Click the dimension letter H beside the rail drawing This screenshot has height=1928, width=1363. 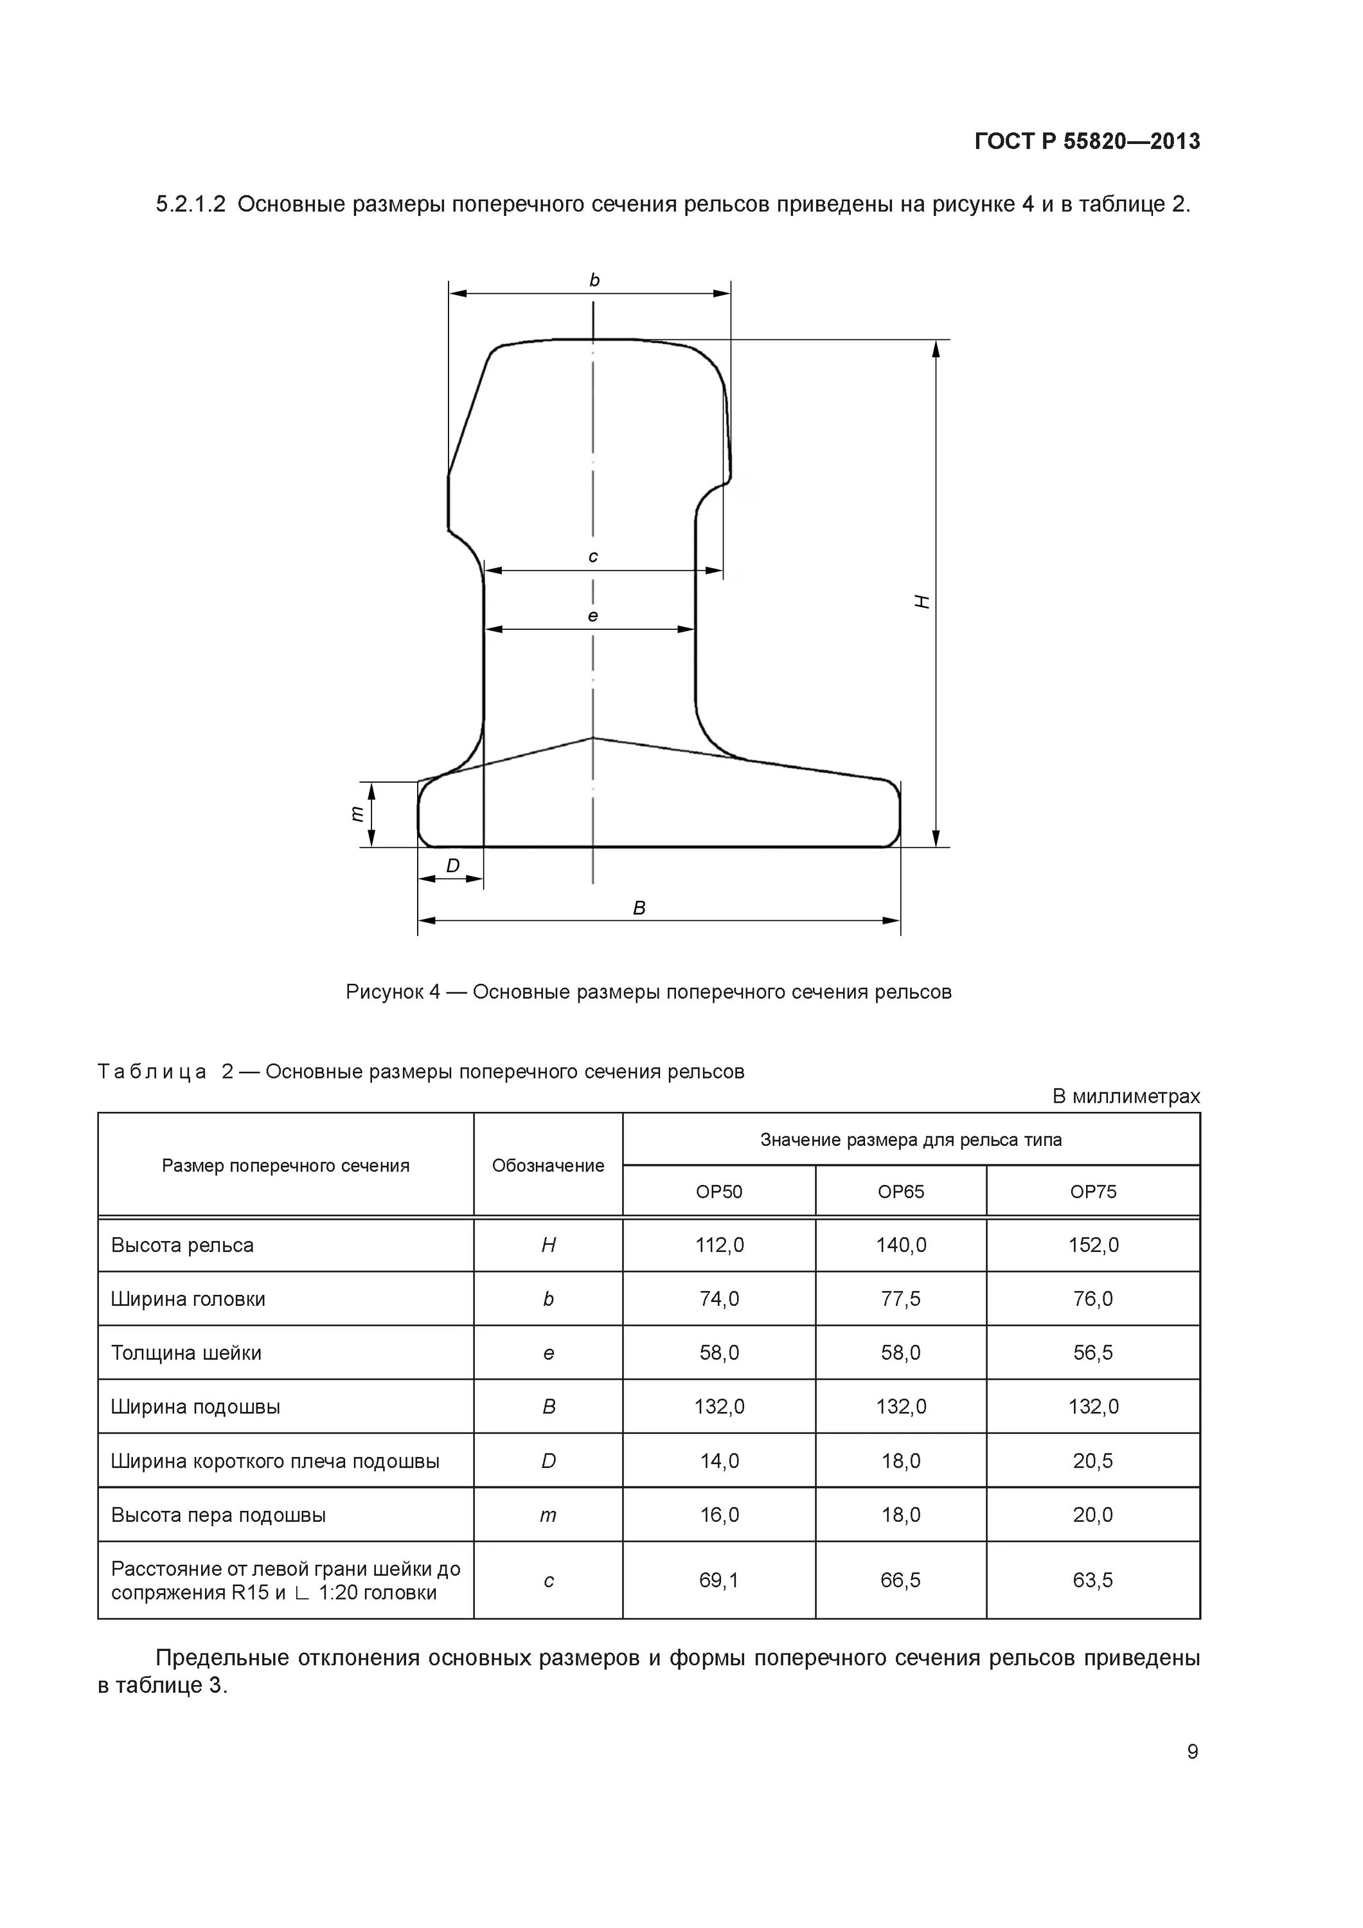(x=923, y=602)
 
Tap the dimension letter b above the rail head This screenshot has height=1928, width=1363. (x=594, y=280)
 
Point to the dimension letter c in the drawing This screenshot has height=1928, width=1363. (x=593, y=557)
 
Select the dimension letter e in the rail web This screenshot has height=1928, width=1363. (x=593, y=616)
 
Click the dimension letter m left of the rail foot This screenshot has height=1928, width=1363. (x=357, y=813)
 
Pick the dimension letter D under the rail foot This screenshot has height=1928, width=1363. (x=452, y=866)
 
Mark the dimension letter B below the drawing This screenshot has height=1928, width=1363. (x=639, y=907)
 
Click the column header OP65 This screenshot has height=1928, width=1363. (x=900, y=1192)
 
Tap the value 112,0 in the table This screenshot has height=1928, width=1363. (x=719, y=1245)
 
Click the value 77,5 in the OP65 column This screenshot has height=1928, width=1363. (x=900, y=1299)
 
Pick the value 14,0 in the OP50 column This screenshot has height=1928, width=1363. (x=719, y=1461)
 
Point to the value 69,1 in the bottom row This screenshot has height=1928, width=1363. (x=719, y=1580)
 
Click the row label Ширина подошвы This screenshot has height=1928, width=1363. (x=195, y=1407)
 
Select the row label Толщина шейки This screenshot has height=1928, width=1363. (x=186, y=1353)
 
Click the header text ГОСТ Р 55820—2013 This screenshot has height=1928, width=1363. (x=1087, y=141)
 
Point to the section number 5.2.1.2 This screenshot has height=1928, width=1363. (x=191, y=204)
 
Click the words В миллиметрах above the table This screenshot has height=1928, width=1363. (x=1125, y=1096)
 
